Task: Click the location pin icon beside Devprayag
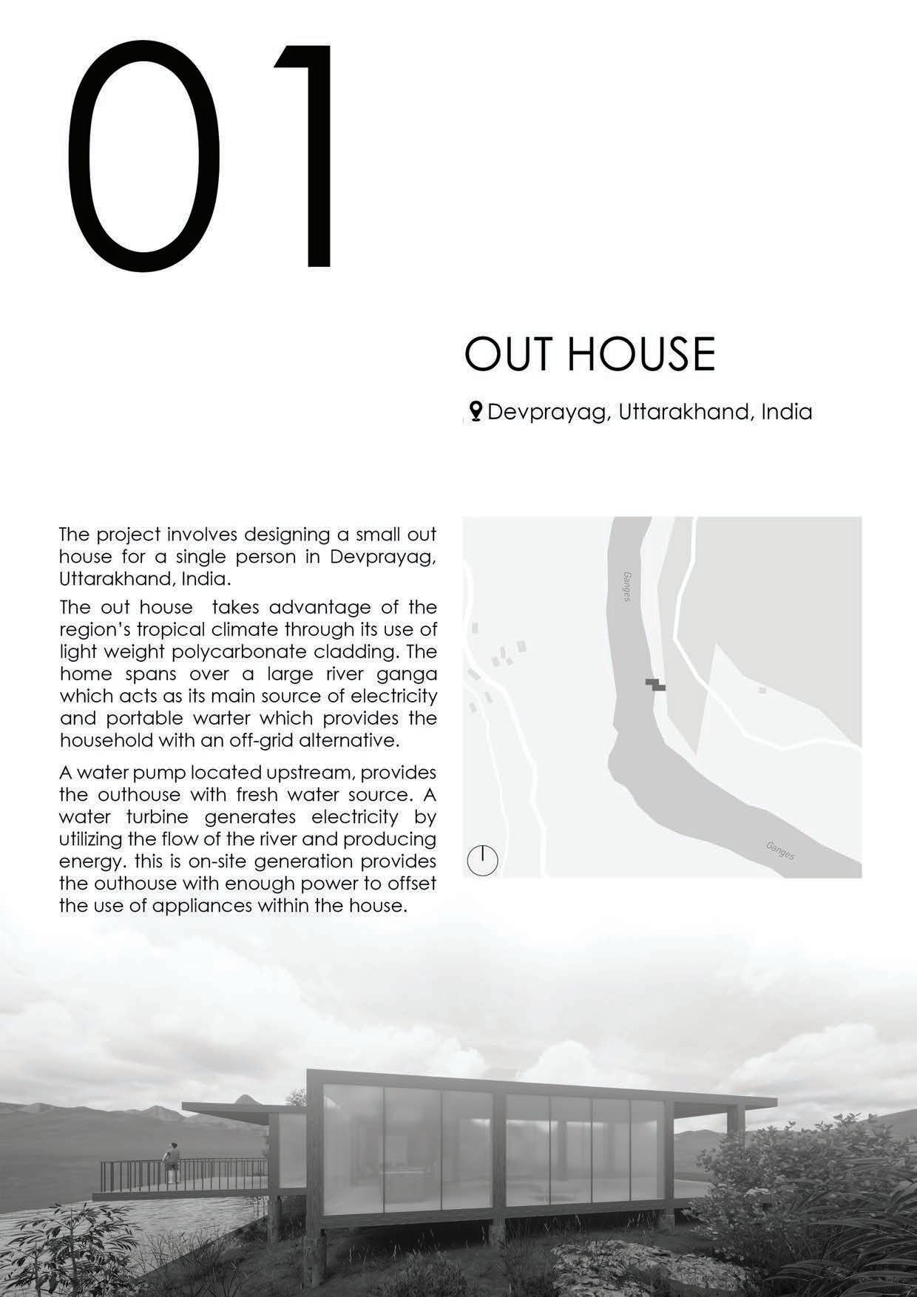pyautogui.click(x=476, y=411)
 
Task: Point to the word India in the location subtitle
pyautogui.click(x=786, y=412)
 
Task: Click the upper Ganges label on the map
pyautogui.click(x=627, y=585)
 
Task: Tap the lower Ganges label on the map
pyautogui.click(x=779, y=850)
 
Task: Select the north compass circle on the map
pyautogui.click(x=483, y=861)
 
